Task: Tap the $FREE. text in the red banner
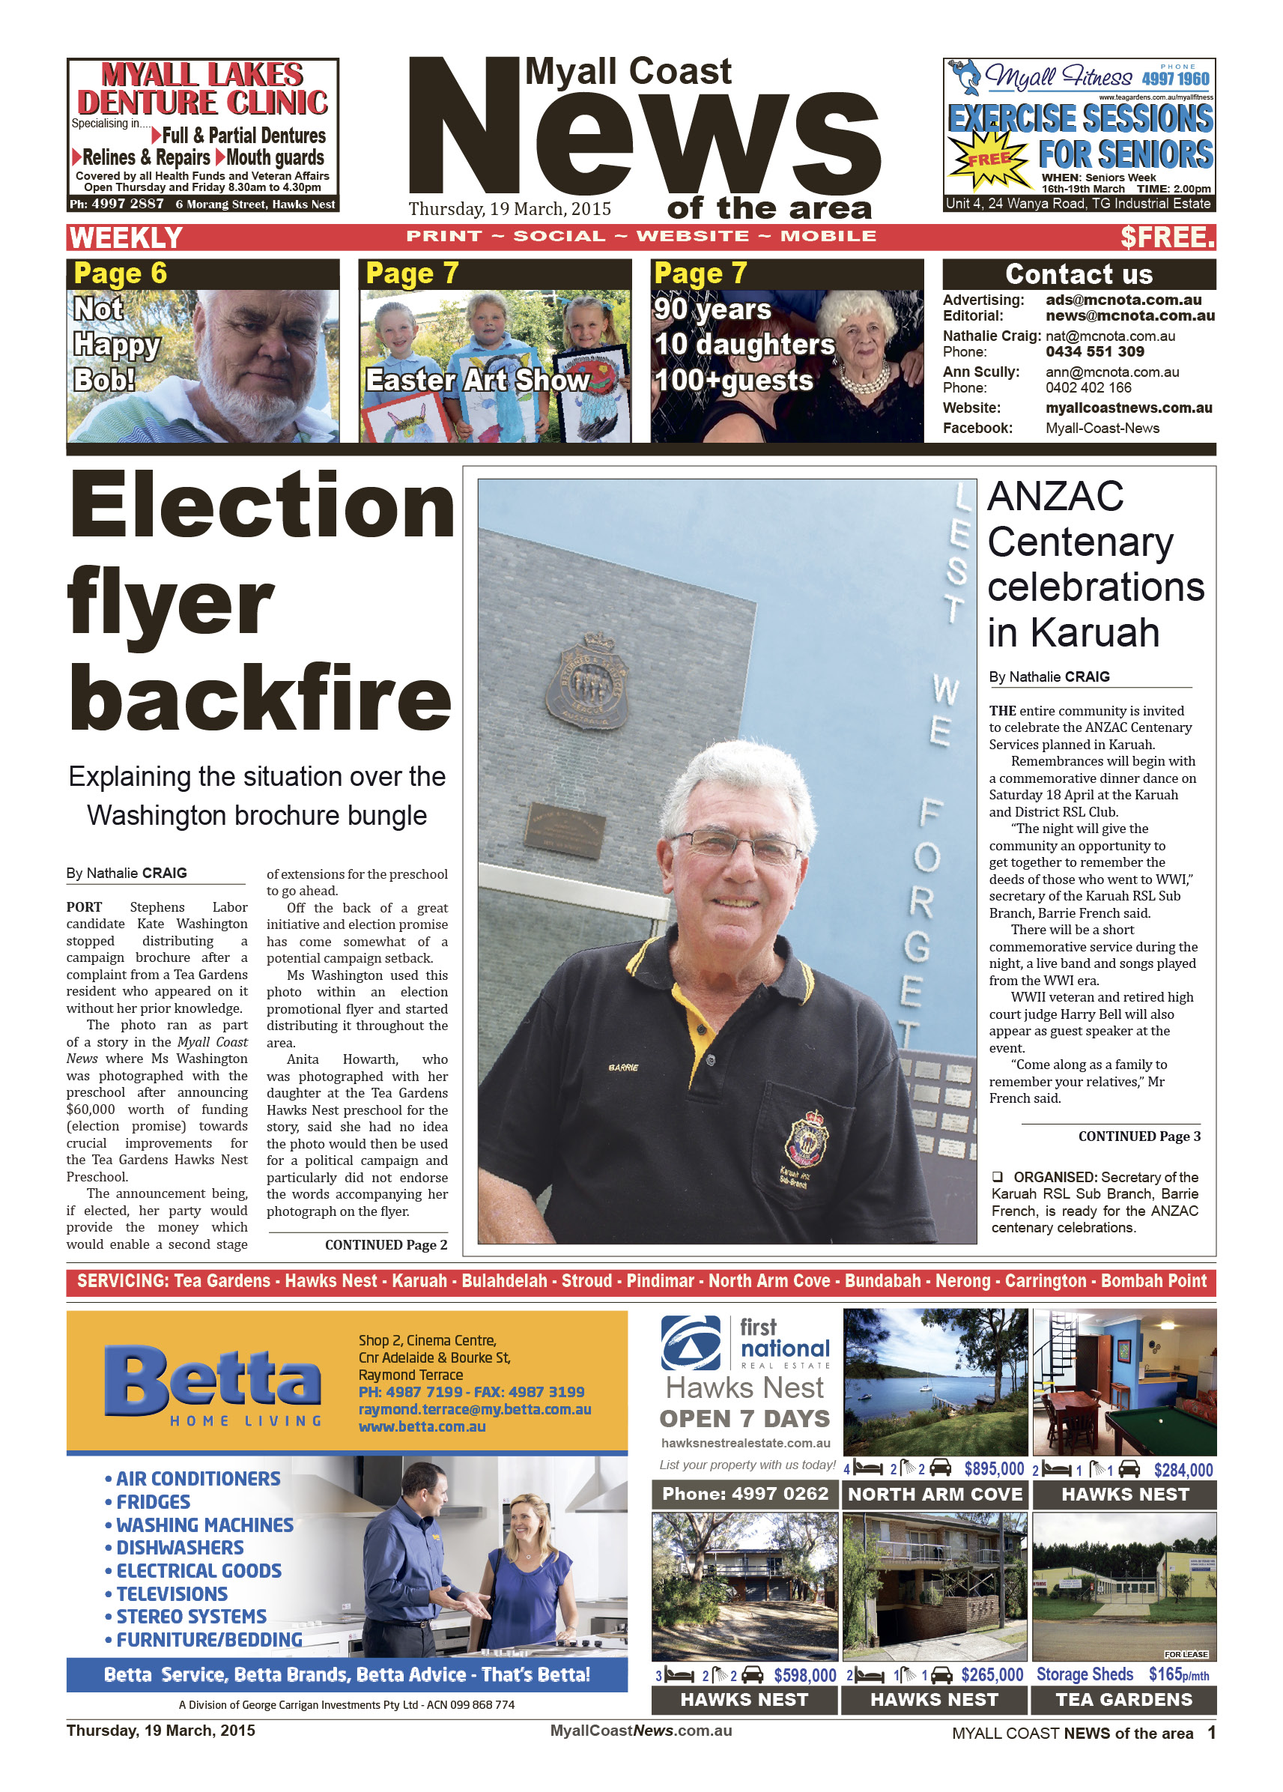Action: (1167, 237)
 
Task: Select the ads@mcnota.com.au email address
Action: (1123, 300)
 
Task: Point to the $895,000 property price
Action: (993, 1470)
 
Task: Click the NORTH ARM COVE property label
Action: (935, 1495)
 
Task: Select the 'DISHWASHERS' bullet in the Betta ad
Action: (180, 1548)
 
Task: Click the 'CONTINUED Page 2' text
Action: (386, 1245)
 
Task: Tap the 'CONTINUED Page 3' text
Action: (1138, 1136)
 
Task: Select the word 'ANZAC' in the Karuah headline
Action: (1055, 497)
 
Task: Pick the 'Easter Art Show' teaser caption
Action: (476, 381)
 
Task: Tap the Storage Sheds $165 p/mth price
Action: (1122, 1675)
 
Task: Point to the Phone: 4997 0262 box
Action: (744, 1494)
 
